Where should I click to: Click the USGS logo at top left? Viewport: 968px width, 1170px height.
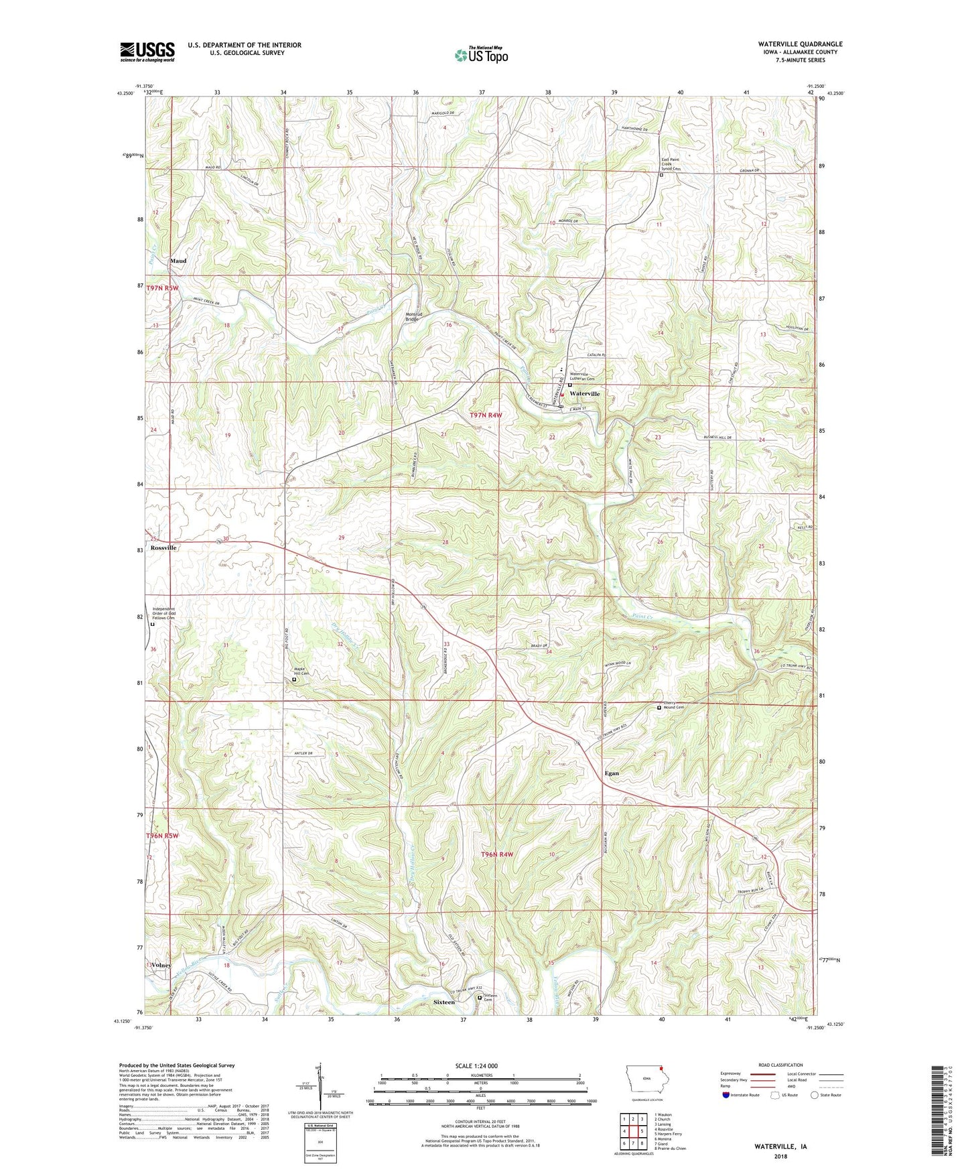(x=147, y=52)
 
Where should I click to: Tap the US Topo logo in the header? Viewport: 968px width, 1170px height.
(x=481, y=55)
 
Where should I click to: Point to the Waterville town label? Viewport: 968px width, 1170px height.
(x=584, y=394)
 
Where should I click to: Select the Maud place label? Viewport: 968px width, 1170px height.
(x=178, y=261)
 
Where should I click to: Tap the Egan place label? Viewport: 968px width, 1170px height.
(x=611, y=773)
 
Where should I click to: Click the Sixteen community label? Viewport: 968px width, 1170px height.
(x=443, y=1002)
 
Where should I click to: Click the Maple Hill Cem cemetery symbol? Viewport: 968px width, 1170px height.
(x=294, y=680)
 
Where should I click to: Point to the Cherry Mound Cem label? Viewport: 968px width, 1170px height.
(x=673, y=706)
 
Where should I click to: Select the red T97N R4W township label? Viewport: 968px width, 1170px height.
(x=485, y=415)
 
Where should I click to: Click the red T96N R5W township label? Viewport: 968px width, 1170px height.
(x=163, y=836)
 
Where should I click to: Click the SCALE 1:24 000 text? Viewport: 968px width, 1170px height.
(x=478, y=1066)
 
